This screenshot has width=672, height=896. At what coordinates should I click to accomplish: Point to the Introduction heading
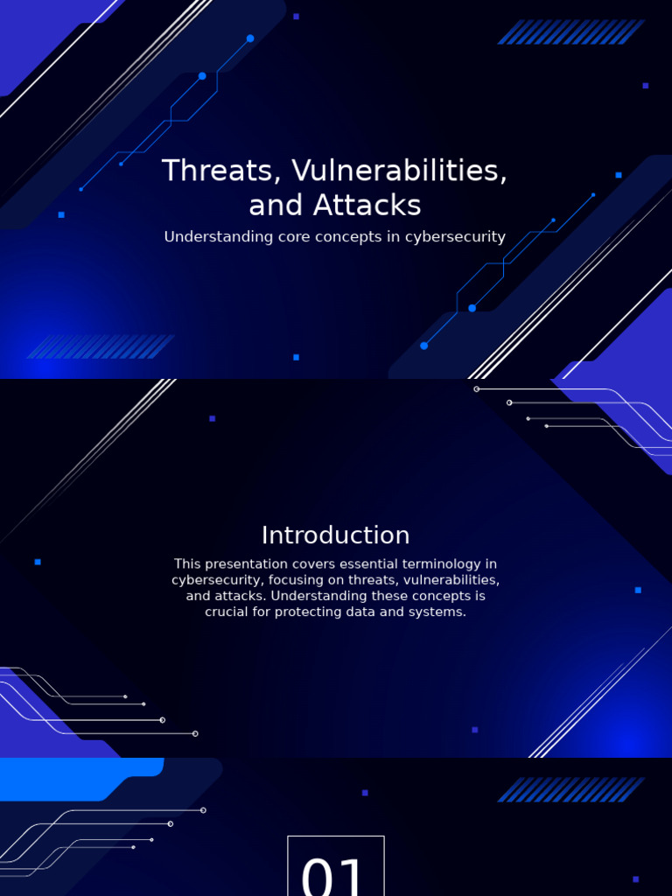pos(335,535)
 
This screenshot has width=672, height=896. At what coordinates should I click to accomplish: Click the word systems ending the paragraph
pos(440,612)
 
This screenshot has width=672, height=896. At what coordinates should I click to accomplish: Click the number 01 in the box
pos(335,875)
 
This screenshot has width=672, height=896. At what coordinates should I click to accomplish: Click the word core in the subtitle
pos(293,237)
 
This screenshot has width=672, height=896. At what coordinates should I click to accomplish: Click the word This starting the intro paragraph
pos(188,564)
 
